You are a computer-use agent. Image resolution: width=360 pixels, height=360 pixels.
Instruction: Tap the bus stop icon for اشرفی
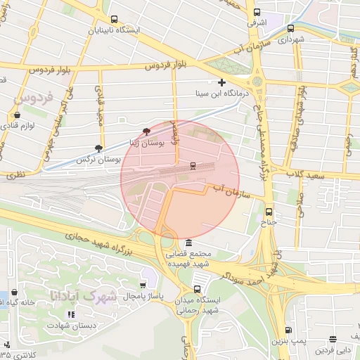point(257,12)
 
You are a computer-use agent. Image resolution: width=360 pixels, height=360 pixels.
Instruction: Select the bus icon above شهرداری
point(290,29)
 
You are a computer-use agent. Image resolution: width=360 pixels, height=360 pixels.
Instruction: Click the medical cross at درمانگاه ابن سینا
point(221,82)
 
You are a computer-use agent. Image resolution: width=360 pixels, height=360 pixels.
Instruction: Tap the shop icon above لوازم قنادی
point(16,115)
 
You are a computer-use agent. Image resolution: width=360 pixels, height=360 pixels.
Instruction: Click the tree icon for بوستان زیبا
point(146,131)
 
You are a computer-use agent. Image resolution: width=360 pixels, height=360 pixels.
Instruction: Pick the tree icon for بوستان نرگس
point(98,148)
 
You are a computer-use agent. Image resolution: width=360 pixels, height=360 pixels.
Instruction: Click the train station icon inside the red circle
point(193,165)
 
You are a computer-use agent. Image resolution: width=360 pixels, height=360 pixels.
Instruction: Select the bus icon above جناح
point(269,211)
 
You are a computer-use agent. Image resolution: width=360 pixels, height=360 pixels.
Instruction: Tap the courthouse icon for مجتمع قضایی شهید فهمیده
point(188,243)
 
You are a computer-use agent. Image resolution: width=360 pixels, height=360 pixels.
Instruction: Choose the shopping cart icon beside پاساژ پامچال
point(143,285)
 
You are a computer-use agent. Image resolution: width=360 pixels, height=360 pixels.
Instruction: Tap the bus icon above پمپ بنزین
point(287,330)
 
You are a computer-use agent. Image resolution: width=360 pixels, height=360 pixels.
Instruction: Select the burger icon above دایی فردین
point(333,339)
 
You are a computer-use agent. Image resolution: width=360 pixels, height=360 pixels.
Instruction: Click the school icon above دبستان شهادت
point(70,314)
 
